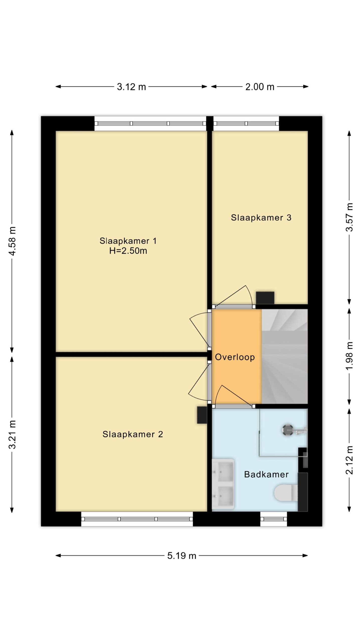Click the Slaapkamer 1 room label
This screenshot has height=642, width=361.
[x=128, y=241]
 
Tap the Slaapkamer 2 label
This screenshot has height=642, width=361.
[x=133, y=434]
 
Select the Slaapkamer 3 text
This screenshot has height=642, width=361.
[x=261, y=217]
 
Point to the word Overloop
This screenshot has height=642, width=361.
[x=235, y=357]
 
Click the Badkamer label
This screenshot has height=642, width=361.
[x=266, y=474]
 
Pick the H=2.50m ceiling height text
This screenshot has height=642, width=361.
[x=128, y=251]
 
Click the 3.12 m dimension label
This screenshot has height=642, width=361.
[x=131, y=87]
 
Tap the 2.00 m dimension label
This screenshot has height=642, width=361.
[x=260, y=87]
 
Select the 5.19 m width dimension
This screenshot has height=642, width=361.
[x=182, y=556]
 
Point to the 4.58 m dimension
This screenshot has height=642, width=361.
[x=12, y=241]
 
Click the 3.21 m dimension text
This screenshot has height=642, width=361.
[x=12, y=434]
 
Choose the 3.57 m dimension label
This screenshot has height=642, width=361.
[x=349, y=217]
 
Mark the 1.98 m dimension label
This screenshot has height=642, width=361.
[x=349, y=356]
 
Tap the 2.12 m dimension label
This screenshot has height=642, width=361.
[x=349, y=460]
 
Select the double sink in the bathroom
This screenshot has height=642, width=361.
[x=223, y=484]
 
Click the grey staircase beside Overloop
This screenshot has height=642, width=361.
[x=285, y=356]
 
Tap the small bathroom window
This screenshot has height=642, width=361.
[x=274, y=519]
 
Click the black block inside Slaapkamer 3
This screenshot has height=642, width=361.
[x=265, y=298]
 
